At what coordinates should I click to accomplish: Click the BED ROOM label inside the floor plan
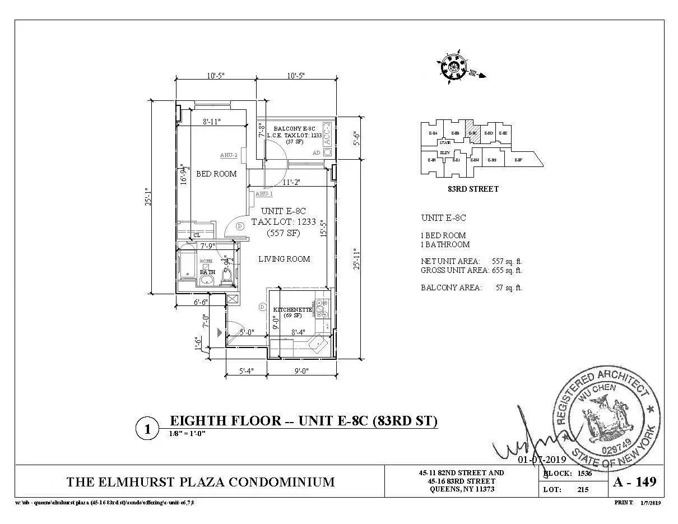coord(216,174)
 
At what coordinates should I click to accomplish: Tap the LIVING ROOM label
coord(284,259)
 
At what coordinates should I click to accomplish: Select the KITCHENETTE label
coord(292,310)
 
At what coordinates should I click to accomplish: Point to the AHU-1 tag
coord(263,194)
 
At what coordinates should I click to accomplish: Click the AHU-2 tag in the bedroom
coord(229,155)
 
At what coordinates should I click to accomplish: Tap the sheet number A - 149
coord(635,481)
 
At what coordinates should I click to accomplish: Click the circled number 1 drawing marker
coord(147,430)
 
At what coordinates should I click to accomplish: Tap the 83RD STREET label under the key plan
coord(473,189)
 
